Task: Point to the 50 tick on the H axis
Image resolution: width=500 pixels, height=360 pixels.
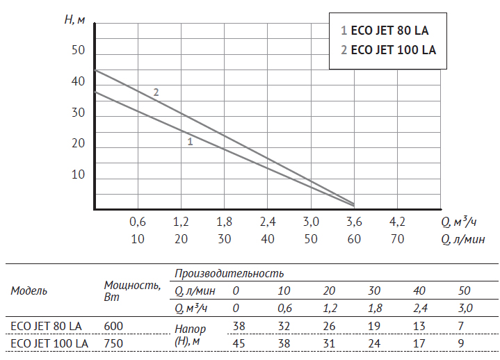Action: (79, 51)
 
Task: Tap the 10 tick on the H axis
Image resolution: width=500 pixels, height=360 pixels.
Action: (79, 174)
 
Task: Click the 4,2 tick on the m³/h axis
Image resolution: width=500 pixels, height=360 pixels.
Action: (397, 222)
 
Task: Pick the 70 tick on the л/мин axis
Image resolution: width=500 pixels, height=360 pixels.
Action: (397, 239)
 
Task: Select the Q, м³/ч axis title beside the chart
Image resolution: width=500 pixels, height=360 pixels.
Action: (458, 222)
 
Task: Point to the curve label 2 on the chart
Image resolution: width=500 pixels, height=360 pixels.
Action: (156, 92)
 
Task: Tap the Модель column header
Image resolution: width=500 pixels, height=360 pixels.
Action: (29, 291)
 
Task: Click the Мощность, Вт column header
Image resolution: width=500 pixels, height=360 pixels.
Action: (132, 291)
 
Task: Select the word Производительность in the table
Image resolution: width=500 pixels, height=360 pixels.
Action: (229, 274)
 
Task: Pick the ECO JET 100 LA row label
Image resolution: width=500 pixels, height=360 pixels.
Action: (49, 343)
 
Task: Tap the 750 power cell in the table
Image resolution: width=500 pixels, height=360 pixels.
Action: (113, 343)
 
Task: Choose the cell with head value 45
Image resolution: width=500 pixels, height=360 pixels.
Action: (238, 343)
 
